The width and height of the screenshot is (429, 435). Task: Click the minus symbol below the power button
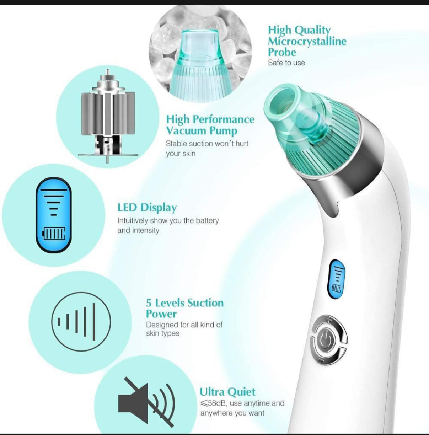pyautogui.click(x=321, y=360)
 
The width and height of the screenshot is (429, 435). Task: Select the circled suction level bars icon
pyautogui.click(x=81, y=321)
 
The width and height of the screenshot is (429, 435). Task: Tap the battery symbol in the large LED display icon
pyautogui.click(x=54, y=234)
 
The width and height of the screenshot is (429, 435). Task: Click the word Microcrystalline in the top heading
pyautogui.click(x=307, y=41)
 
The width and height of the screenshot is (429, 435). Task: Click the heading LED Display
pyautogui.click(x=147, y=208)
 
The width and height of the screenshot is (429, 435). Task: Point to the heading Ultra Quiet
pyautogui.click(x=228, y=392)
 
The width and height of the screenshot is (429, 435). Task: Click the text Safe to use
pyautogui.click(x=286, y=63)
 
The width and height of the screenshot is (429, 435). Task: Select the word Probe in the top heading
pyautogui.click(x=282, y=52)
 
